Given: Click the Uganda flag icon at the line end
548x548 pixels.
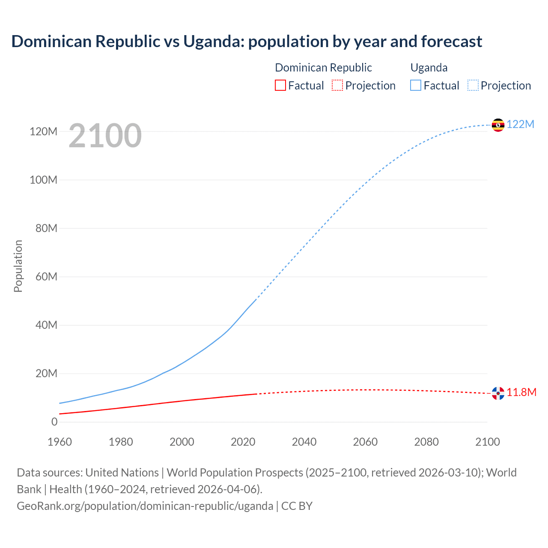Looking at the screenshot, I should [x=498, y=125].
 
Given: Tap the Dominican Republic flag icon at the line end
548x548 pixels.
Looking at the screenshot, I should [x=498, y=393].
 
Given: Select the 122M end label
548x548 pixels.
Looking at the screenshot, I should [x=521, y=124].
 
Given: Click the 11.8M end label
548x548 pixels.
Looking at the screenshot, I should [x=521, y=392].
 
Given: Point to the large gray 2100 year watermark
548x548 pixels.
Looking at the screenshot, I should [x=105, y=136].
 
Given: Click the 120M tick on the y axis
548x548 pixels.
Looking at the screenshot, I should [x=43, y=131].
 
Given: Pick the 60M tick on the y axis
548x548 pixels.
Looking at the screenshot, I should [x=46, y=277].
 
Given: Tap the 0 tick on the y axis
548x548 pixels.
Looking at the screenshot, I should [x=54, y=422].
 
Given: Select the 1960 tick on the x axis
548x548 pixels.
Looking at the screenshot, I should [x=60, y=442].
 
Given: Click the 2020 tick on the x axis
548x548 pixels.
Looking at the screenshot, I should [x=243, y=442].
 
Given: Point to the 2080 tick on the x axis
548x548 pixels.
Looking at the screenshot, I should [x=426, y=442].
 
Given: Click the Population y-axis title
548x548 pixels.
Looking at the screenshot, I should [x=18, y=266].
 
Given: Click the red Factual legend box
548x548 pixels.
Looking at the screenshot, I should [x=280, y=86].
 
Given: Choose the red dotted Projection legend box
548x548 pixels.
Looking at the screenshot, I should [x=337, y=86].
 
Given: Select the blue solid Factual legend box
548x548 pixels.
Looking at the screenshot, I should [x=416, y=86].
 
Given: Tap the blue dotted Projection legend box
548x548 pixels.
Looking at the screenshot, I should [x=473, y=86].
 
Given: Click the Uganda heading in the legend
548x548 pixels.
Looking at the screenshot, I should [x=429, y=68].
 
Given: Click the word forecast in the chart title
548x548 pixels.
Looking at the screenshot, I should [x=452, y=42].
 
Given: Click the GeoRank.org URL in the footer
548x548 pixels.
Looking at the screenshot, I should [x=145, y=506].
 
